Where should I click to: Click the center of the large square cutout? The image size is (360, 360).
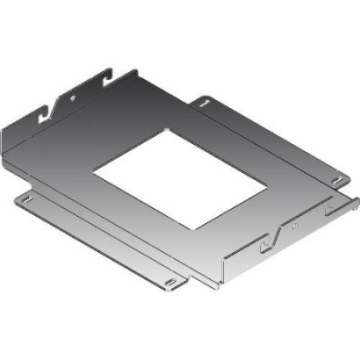[180, 179]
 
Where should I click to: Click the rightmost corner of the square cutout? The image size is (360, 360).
[267, 186]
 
